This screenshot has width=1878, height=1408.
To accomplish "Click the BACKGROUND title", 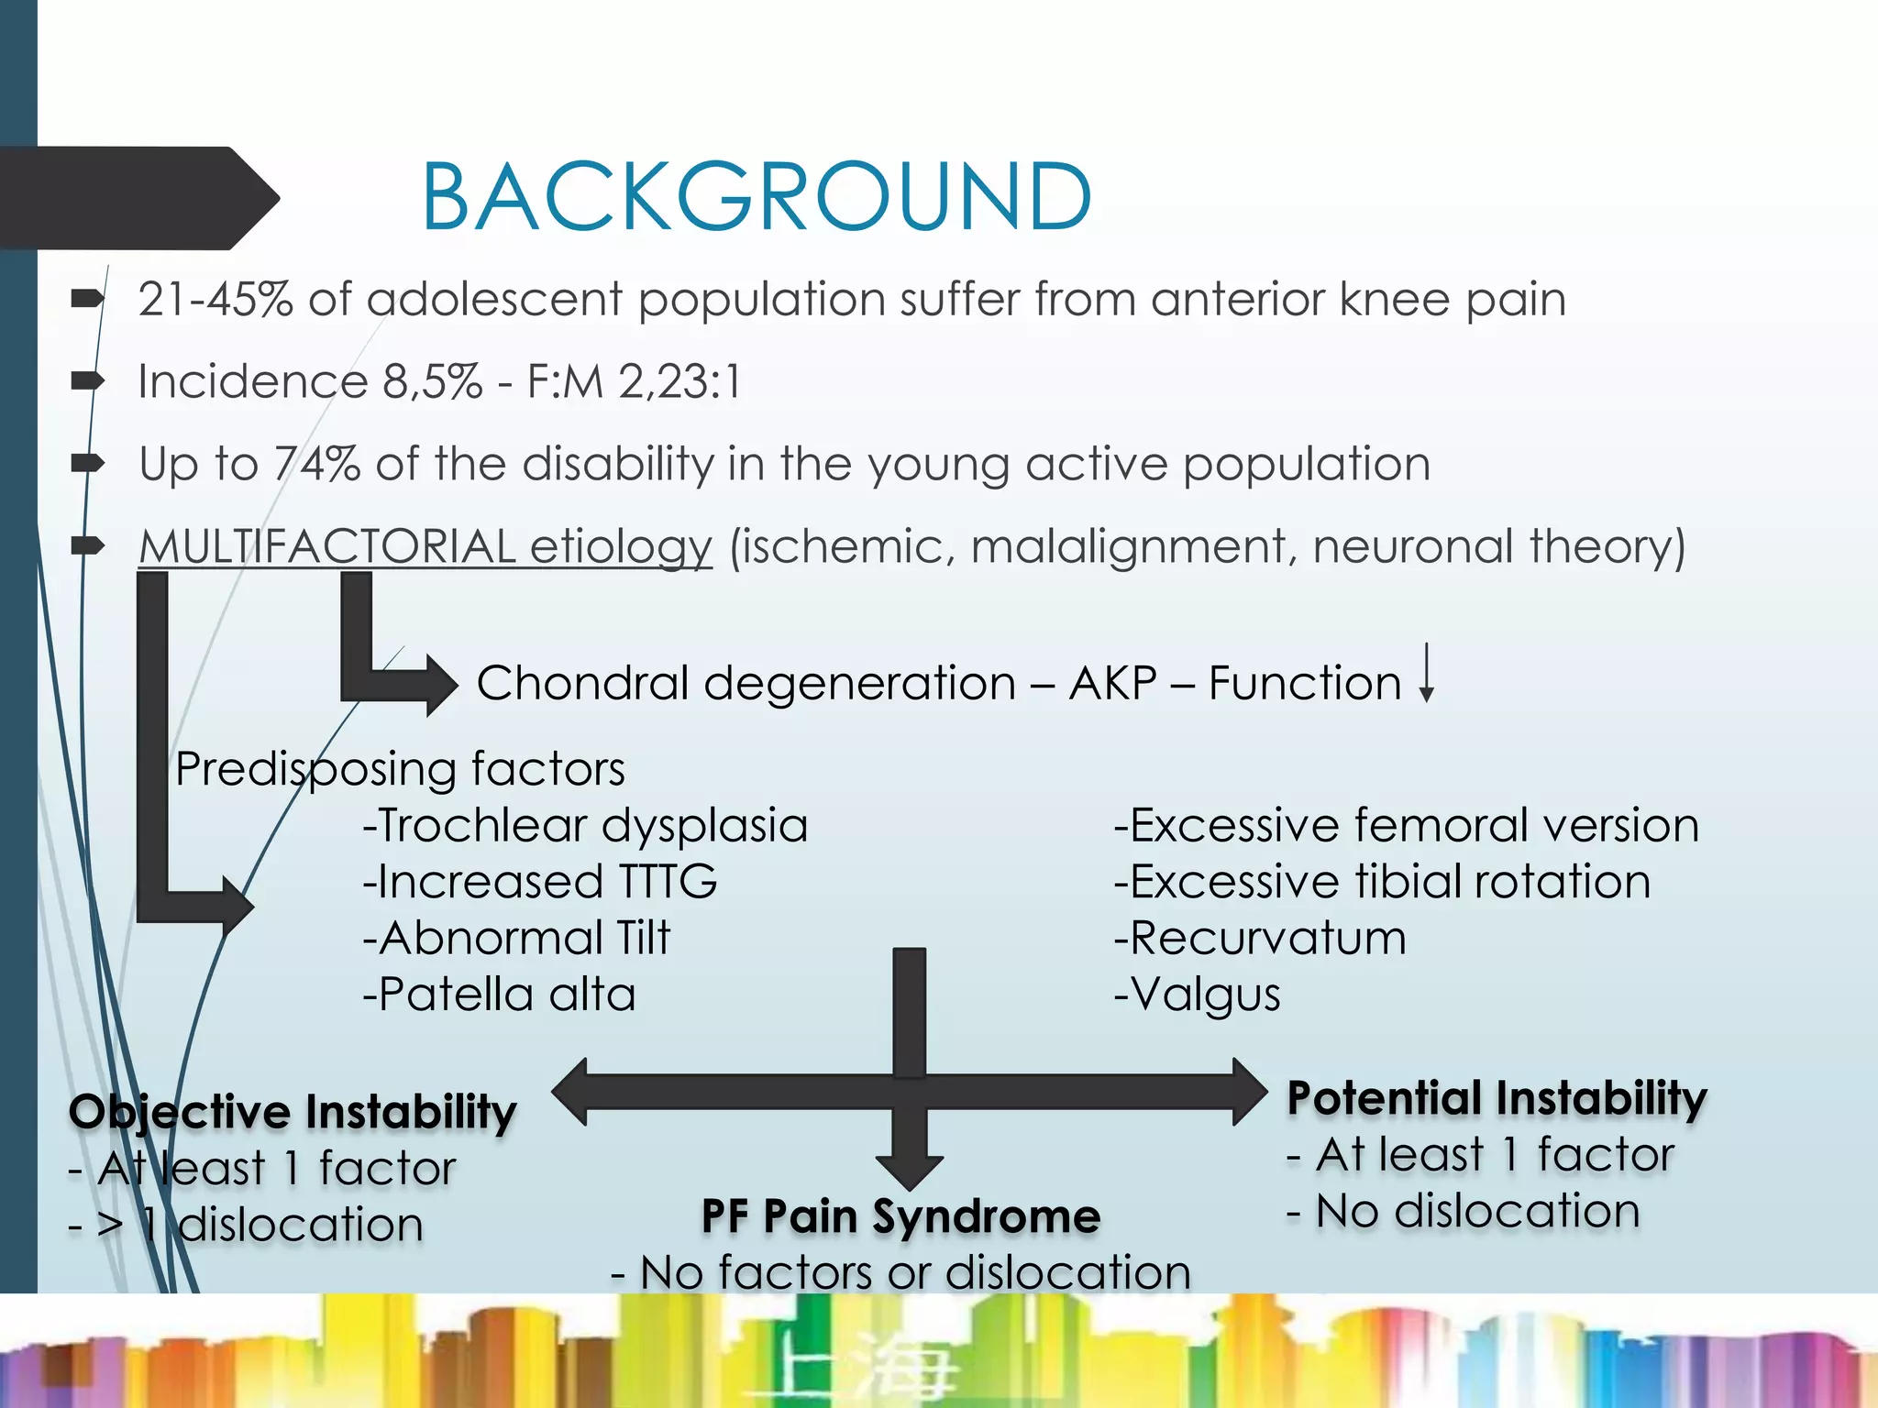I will click(757, 197).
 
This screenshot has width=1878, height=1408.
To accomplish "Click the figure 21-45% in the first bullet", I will click(215, 300).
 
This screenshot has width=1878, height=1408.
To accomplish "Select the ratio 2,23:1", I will click(679, 381).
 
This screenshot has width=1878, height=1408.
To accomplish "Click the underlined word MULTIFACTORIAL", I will click(327, 546).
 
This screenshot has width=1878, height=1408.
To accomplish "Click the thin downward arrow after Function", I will click(1426, 674).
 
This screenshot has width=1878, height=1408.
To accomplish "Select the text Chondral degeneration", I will click(746, 684).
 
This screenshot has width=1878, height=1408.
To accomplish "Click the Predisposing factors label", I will click(400, 768).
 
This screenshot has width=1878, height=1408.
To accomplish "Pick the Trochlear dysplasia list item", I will click(585, 825).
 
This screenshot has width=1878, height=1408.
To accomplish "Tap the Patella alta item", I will click(499, 995).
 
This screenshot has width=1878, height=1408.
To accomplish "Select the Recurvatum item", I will click(1260, 939).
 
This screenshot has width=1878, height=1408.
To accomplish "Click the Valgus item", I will click(1197, 995).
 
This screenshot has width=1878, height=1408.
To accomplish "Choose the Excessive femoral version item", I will click(1406, 825).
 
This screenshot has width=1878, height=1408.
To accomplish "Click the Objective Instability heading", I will click(293, 1112).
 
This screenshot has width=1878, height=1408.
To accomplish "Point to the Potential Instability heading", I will click(1497, 1098).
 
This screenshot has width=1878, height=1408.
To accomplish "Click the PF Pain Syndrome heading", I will click(900, 1216).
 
